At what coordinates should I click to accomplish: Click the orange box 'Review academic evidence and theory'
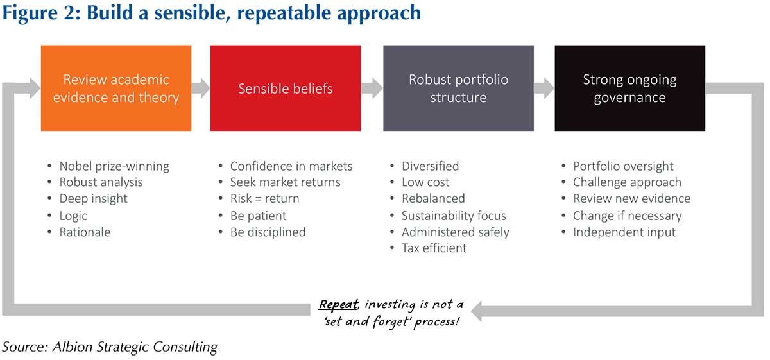click(116, 88)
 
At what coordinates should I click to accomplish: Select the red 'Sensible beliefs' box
click(286, 88)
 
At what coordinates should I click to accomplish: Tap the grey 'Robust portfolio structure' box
click(458, 88)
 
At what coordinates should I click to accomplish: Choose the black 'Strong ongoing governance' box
click(629, 88)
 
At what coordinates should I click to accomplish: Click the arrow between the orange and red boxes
click(201, 88)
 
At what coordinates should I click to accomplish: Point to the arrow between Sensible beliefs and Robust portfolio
click(372, 88)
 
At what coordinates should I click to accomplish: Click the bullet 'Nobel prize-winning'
click(114, 166)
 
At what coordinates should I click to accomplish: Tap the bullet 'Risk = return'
click(264, 199)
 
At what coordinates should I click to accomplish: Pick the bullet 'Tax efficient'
click(434, 248)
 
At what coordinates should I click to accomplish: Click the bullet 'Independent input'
click(624, 232)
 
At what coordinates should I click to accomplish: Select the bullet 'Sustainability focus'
click(453, 216)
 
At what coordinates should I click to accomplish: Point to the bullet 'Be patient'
click(258, 216)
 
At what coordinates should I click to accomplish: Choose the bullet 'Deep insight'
click(93, 199)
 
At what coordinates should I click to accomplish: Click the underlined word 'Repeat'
click(338, 304)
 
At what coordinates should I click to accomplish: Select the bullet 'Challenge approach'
click(627, 182)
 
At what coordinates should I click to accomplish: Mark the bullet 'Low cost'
click(425, 182)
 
